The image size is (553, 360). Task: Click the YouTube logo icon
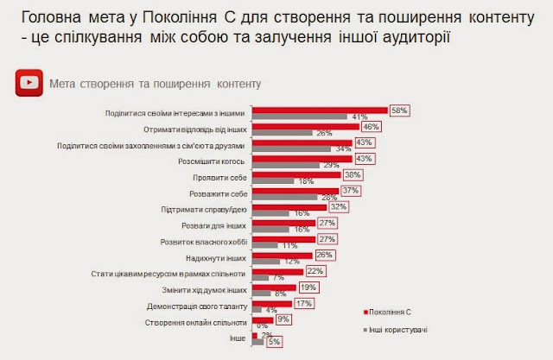click(29, 84)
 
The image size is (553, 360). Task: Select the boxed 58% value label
click(398, 111)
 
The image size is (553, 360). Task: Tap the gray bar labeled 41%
click(298, 117)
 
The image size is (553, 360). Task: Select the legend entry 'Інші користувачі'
click(400, 329)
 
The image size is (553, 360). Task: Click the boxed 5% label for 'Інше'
click(274, 343)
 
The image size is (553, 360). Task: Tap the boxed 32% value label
click(337, 207)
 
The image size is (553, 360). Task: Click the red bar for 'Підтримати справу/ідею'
click(289, 206)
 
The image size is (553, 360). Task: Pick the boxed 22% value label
click(315, 271)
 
